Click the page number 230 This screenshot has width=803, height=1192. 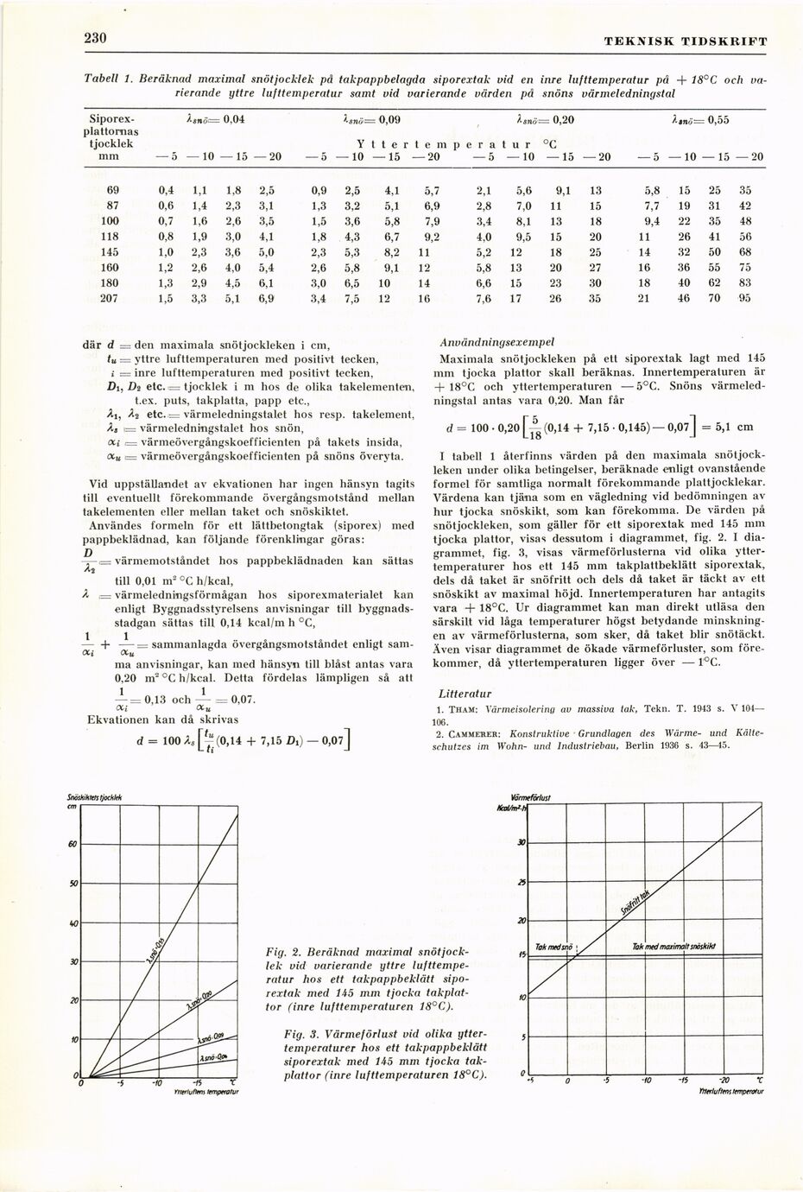click(x=94, y=38)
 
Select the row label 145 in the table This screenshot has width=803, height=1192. click(x=109, y=251)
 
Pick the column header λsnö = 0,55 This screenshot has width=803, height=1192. click(x=700, y=120)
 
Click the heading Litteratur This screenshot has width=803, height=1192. click(x=465, y=694)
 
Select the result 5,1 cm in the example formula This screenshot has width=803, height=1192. click(x=734, y=426)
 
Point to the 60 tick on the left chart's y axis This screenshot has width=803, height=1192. click(x=73, y=844)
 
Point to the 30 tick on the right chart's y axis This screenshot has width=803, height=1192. click(x=521, y=842)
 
